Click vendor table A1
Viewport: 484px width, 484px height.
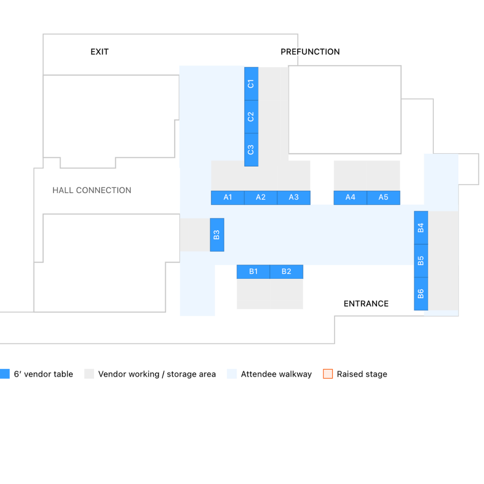(x=228, y=198)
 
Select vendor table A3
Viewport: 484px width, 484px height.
(x=294, y=198)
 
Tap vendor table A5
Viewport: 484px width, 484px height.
(x=383, y=198)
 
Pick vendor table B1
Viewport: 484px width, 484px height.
(x=253, y=272)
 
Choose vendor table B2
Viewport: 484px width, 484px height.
(x=286, y=272)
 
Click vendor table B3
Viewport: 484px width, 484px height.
(x=217, y=235)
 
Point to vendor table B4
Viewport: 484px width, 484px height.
(x=421, y=228)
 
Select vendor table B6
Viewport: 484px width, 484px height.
(x=421, y=294)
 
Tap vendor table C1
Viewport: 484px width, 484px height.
(x=251, y=84)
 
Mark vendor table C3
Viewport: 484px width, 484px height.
(x=251, y=150)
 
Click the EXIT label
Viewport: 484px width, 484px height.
(x=99, y=52)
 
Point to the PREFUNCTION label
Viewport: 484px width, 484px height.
(x=310, y=52)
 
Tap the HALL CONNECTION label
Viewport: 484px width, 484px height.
(x=92, y=190)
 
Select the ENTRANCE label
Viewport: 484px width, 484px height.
(x=366, y=304)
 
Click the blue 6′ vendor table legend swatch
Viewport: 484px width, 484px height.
(x=5, y=374)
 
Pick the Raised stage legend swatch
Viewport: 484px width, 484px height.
(x=328, y=374)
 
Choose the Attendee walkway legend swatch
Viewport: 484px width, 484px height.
(x=232, y=374)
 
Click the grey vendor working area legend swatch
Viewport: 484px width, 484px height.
(x=89, y=374)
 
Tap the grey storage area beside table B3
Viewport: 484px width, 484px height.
(x=195, y=235)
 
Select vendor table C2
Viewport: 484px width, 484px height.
(x=251, y=117)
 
